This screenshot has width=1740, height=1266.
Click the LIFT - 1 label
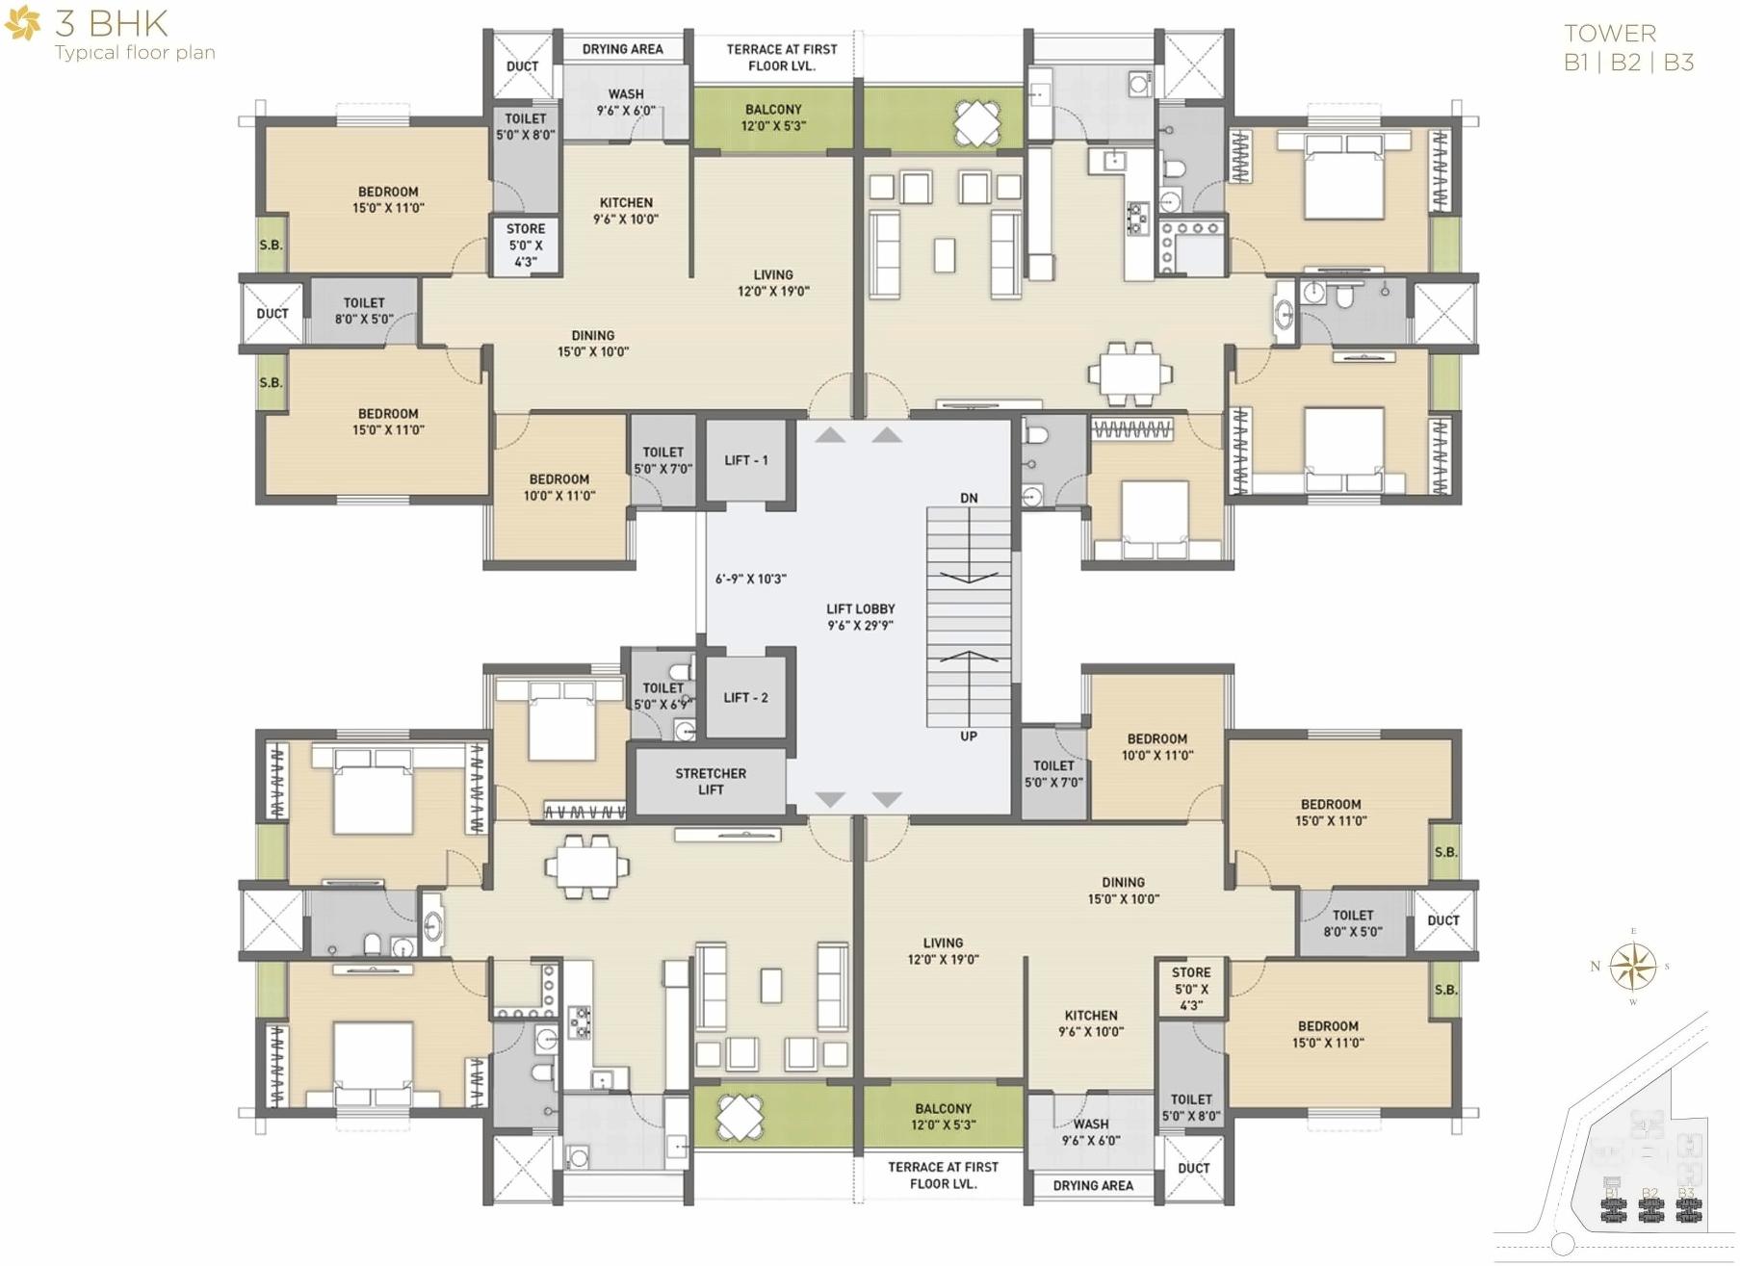click(746, 460)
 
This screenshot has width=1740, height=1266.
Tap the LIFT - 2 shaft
click(746, 696)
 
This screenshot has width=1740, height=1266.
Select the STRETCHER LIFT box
click(711, 781)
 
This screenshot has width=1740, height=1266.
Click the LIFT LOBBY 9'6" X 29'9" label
click(860, 617)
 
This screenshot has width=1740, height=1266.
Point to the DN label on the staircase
click(969, 498)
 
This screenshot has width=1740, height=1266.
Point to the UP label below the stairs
click(969, 736)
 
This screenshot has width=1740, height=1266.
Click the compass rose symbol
click(1633, 966)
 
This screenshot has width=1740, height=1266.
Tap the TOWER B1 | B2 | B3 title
click(1627, 48)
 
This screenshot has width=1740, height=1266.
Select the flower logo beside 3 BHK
click(23, 24)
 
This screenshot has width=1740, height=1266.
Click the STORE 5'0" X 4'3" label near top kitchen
click(526, 245)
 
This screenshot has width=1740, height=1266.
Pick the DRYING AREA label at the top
click(622, 49)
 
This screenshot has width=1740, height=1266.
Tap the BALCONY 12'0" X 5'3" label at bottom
click(943, 1117)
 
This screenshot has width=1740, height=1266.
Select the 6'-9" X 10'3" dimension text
click(750, 579)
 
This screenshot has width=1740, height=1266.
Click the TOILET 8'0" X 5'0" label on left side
click(363, 310)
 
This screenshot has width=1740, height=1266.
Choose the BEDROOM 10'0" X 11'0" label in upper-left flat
click(559, 487)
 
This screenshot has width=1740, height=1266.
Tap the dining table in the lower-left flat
click(586, 866)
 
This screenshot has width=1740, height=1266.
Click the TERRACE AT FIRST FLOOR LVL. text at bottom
click(943, 1175)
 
